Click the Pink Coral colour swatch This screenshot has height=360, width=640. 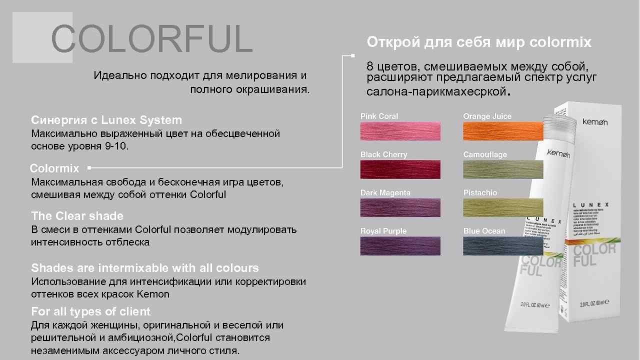coord(400,131)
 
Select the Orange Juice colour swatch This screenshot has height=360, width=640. coord(502,131)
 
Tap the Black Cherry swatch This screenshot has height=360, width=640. coord(400,169)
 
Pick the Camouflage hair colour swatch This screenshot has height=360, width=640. coord(502,169)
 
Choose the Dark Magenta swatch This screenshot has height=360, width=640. coord(400,207)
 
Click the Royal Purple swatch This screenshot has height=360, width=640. coord(400,245)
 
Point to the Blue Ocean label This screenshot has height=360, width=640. coord(484,231)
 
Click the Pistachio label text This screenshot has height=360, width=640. coord(480,193)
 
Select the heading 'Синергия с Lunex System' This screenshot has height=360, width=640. coord(106,120)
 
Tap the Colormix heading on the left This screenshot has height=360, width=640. coord(54,168)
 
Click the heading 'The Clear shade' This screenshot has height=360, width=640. coord(77,216)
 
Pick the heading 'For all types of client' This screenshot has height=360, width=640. coord(90,311)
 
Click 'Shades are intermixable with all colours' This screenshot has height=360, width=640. coord(145,267)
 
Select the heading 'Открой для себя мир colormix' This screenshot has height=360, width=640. coord(479,42)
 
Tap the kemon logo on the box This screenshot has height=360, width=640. coord(594,121)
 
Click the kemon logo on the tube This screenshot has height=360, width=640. coord(558,153)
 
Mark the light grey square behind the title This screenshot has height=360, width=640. coord(30,37)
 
